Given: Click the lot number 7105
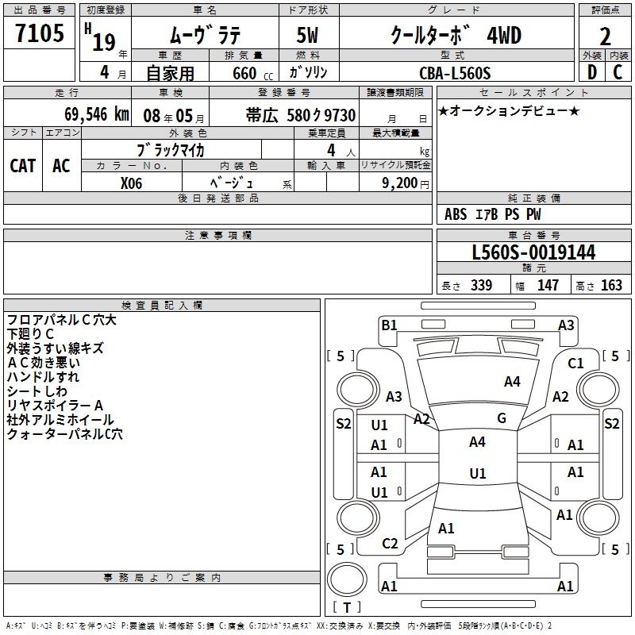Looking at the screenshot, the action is click(40, 33).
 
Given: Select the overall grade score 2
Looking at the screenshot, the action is click(605, 37).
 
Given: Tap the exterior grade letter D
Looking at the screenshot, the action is click(592, 72).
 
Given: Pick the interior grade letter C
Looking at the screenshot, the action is click(618, 72).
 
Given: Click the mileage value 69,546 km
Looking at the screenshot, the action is click(97, 114).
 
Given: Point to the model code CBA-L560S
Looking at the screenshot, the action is click(455, 73).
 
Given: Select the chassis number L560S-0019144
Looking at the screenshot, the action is click(533, 252).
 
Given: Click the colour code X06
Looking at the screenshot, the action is click(131, 183).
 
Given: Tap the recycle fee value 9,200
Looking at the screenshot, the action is click(399, 183).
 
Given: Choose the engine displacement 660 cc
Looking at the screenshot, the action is click(252, 73).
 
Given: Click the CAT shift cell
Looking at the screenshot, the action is click(23, 166).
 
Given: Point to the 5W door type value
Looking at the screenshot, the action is click(307, 35).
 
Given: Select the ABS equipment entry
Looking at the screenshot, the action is click(456, 214).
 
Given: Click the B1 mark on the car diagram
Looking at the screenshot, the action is click(389, 325).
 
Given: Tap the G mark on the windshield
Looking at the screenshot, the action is click(502, 418).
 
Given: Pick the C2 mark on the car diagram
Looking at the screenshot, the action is click(390, 544).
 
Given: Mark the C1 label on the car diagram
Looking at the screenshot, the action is click(575, 364).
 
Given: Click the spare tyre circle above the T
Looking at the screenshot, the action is click(347, 579).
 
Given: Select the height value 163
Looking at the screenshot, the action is click(611, 285).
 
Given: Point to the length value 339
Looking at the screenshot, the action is click(482, 285).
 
